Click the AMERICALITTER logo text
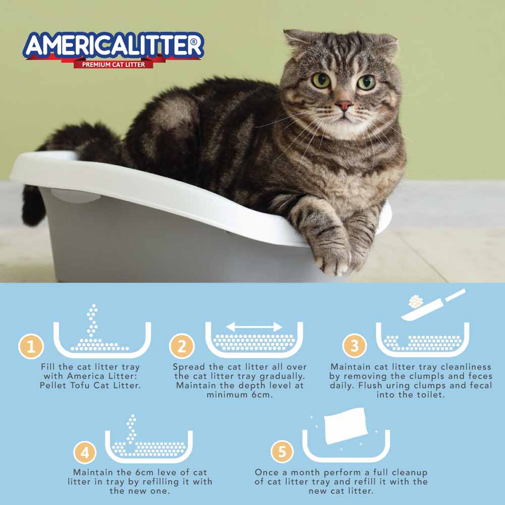point(113,45)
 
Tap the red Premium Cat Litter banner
point(113,65)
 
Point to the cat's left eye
point(321,80)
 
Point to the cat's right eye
point(366,82)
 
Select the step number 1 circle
point(31,346)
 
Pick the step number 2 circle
point(182,346)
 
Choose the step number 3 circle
point(355,345)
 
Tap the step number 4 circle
point(85,452)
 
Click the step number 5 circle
point(282,451)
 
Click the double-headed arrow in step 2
point(254,327)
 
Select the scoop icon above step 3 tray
point(433,305)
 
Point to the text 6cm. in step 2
point(262,395)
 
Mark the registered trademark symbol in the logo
point(193,42)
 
